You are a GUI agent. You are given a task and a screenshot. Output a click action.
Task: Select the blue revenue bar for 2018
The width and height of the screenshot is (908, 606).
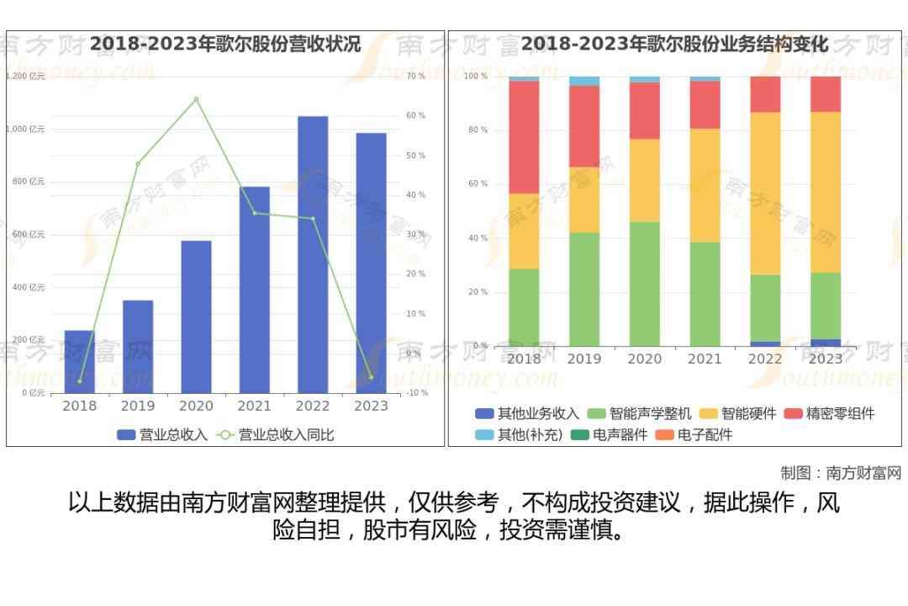click(x=79, y=361)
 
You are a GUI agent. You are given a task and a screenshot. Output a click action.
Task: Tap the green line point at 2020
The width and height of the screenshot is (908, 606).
click(x=196, y=99)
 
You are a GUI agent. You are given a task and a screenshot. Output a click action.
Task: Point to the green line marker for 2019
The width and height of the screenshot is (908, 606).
click(x=138, y=163)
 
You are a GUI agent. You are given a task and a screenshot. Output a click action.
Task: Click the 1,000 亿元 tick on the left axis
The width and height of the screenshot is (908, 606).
click(x=25, y=129)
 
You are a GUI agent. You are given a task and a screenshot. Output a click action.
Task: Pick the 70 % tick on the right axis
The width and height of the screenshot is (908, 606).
click(x=416, y=77)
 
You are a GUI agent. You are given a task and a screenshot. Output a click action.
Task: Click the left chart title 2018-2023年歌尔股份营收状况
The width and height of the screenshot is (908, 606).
click(x=225, y=44)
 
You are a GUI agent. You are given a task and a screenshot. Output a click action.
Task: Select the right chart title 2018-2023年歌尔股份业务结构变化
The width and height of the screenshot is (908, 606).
click(x=674, y=44)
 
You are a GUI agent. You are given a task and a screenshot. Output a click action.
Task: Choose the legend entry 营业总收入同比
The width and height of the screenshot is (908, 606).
click(x=277, y=434)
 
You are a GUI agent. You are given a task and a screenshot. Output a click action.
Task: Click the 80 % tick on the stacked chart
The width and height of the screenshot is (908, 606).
click(x=477, y=130)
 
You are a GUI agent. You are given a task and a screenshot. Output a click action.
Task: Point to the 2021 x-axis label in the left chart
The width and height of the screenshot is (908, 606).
click(x=254, y=406)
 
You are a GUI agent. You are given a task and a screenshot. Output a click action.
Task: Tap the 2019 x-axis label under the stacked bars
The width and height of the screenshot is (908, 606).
click(x=584, y=359)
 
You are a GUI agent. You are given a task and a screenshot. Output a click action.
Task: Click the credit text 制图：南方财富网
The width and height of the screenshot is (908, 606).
click(x=840, y=473)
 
